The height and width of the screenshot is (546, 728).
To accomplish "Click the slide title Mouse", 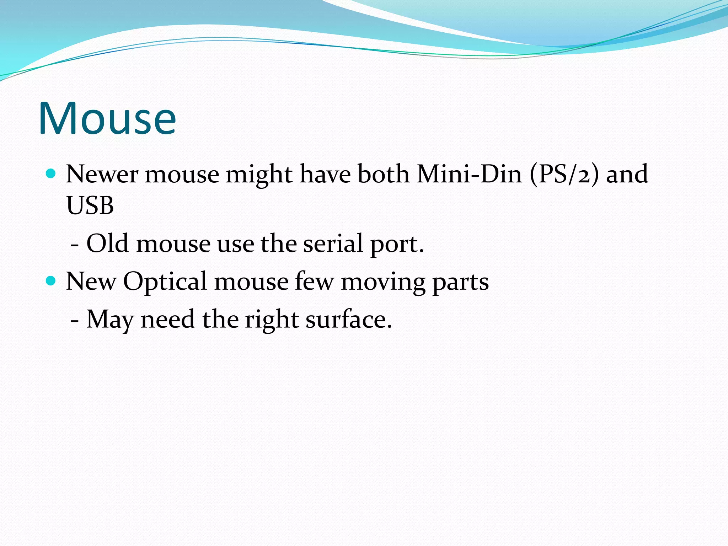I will coord(107,118).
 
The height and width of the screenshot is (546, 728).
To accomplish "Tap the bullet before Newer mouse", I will coord(51,173).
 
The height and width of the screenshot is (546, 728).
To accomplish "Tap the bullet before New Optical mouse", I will coord(51,281).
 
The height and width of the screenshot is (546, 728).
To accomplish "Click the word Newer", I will coord(102,174).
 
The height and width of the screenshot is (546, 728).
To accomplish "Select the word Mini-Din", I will coord(469,174).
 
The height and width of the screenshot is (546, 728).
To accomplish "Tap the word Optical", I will coord(165,282).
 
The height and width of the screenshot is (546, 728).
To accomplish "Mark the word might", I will coord(259,175).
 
